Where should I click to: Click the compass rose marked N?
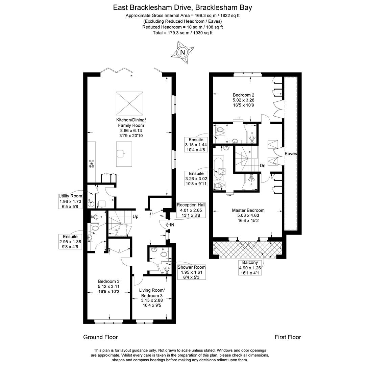point(182,52)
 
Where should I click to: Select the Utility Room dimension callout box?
point(70,201)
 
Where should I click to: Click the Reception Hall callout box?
point(191,210)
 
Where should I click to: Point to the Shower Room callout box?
point(192,272)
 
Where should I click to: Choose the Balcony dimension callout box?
point(250,267)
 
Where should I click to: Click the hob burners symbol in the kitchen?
point(92,164)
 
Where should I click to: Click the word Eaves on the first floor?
point(291,153)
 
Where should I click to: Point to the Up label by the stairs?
point(136,216)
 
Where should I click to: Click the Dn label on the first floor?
point(263,166)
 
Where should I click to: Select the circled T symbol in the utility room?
point(91,204)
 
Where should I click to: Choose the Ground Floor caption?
point(100,337)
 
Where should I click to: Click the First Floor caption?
point(288,337)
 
